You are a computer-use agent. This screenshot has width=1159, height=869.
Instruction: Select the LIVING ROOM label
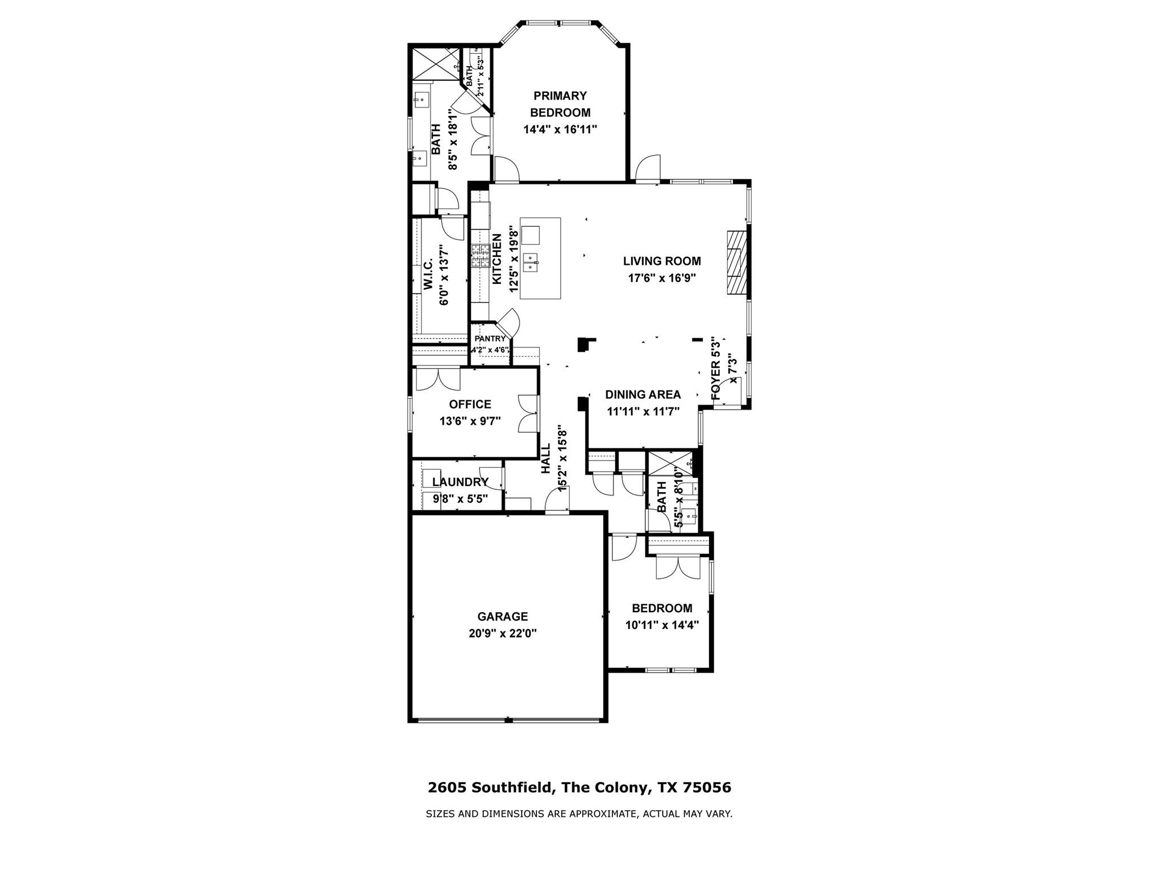(x=662, y=261)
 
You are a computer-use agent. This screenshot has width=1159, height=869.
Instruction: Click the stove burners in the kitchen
(x=480, y=256)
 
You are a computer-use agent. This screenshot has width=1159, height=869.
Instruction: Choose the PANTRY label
(x=490, y=339)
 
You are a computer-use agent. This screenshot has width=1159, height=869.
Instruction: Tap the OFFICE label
(x=470, y=405)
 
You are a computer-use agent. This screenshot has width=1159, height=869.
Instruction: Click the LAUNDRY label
(x=460, y=482)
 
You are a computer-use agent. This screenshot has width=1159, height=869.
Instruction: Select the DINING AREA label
(x=643, y=395)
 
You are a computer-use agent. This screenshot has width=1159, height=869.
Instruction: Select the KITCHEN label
(x=497, y=260)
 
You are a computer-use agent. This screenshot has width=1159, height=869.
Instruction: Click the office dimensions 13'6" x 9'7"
(x=470, y=421)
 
